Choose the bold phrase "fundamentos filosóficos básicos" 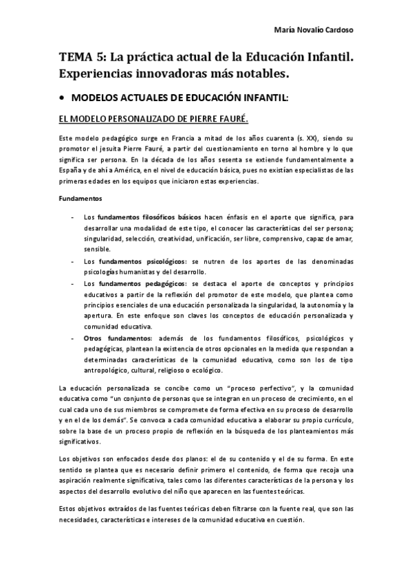pyautogui.click(x=147, y=217)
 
